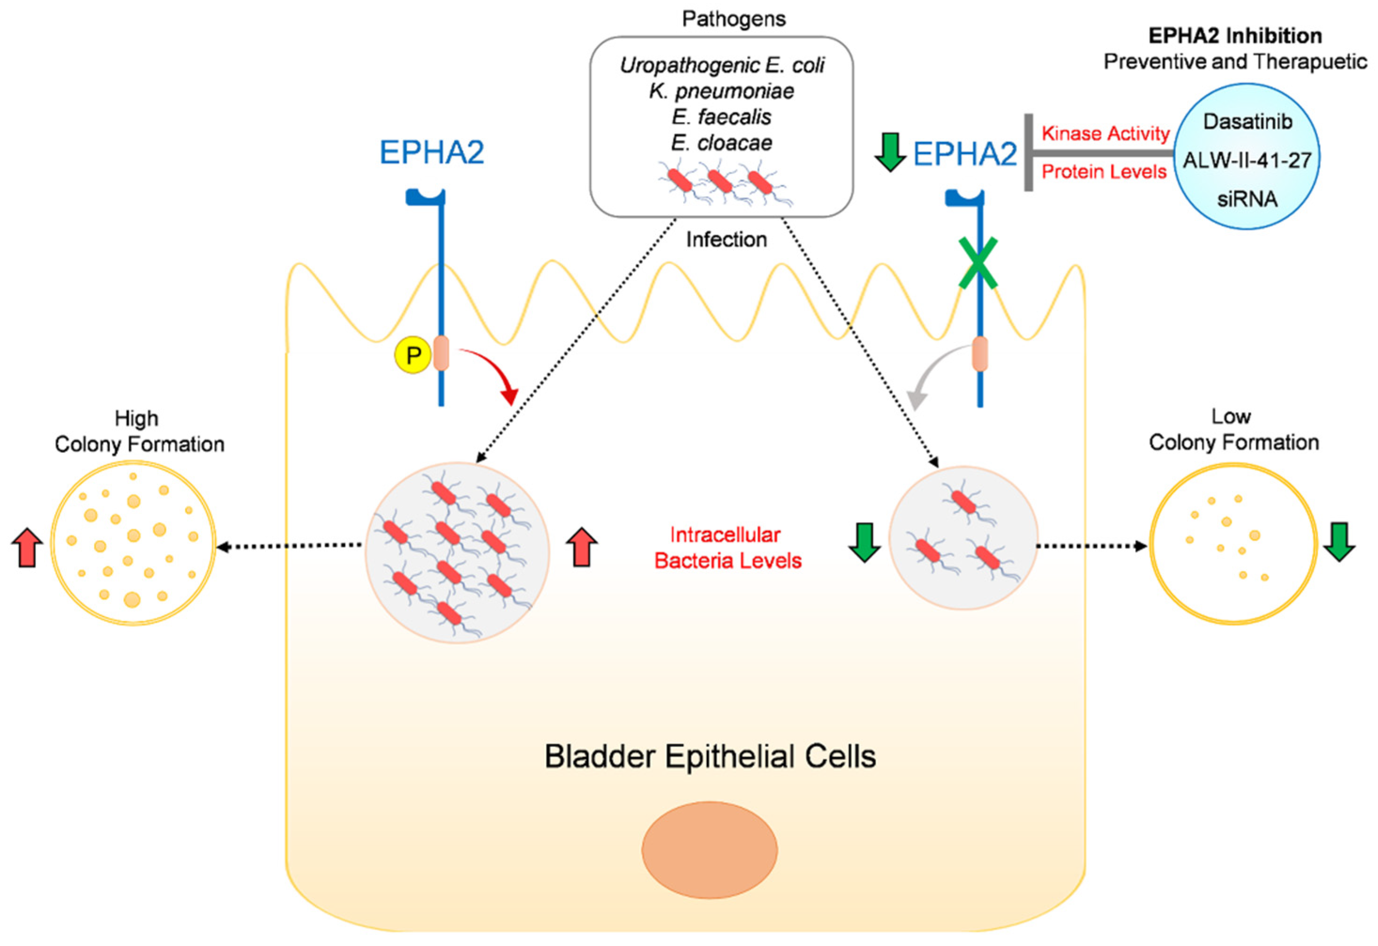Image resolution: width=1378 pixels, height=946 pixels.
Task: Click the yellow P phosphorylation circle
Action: [413, 356]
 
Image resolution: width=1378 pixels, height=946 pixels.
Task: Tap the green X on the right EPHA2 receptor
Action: [978, 263]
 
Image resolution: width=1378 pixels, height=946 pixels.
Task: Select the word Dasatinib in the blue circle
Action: [1247, 122]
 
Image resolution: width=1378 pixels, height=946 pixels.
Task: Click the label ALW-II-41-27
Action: [1247, 160]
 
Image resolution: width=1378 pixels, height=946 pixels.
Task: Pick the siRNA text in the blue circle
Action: [1247, 199]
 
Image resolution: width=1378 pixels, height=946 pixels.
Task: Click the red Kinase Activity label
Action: [1105, 134]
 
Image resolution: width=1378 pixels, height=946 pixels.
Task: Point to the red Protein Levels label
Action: [1104, 172]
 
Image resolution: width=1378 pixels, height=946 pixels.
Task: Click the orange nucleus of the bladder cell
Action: [709, 849]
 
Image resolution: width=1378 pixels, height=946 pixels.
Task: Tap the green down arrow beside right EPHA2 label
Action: [890, 152]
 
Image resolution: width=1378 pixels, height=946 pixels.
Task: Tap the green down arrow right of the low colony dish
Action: [1339, 541]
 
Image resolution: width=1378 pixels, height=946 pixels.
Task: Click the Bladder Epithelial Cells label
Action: [710, 757]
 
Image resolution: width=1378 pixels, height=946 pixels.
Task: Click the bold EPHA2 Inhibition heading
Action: [1235, 36]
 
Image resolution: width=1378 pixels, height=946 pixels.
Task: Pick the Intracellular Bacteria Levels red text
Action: [727, 548]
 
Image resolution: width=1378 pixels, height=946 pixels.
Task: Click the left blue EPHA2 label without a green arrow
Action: [431, 152]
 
